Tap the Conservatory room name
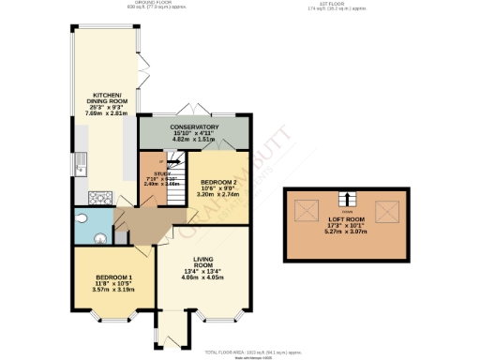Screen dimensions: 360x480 194,127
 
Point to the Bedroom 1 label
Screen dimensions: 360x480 112,278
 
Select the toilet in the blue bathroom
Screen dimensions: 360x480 84,218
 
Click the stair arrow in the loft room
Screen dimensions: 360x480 347,198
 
